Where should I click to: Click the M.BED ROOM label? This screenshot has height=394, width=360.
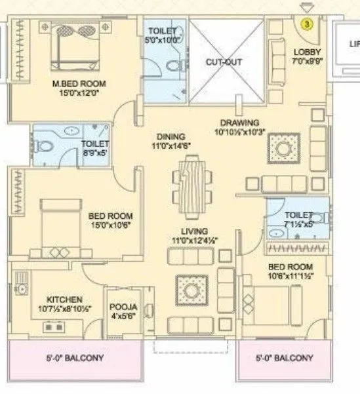tap(79, 84)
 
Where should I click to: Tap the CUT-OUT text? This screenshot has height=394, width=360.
tap(224, 63)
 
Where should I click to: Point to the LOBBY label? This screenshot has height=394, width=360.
tap(306, 52)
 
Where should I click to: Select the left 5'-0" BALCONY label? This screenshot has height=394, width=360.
tap(74, 359)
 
